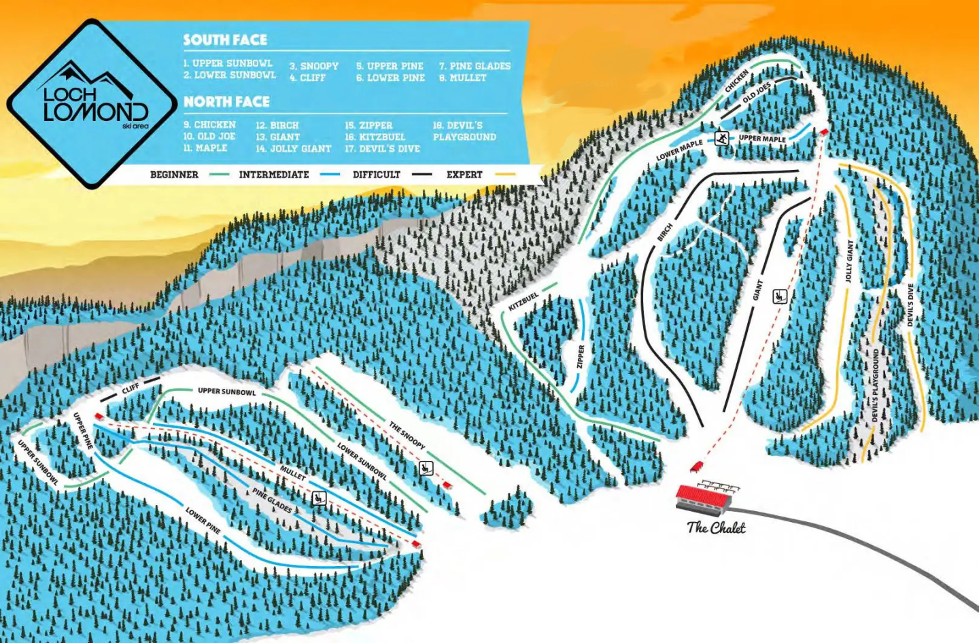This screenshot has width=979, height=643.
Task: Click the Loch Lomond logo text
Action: click(x=95, y=104)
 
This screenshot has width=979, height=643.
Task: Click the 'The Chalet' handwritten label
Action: click(x=716, y=527)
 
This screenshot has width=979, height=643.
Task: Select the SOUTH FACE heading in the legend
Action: click(x=225, y=40)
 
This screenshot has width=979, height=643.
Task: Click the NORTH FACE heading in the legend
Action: click(x=226, y=102)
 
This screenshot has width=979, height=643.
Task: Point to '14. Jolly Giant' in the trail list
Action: click(x=294, y=148)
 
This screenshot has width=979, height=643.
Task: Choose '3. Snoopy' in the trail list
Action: click(x=313, y=66)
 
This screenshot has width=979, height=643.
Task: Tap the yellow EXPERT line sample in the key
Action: click(x=505, y=175)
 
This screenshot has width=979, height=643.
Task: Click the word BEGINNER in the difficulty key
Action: click(x=174, y=175)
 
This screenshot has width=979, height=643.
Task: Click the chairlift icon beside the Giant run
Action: click(x=780, y=296)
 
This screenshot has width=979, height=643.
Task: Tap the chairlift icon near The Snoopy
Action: click(x=426, y=467)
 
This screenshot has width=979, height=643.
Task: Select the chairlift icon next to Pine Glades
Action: click(x=318, y=499)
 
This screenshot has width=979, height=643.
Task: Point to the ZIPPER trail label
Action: click(x=581, y=357)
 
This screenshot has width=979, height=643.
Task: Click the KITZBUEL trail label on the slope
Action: click(x=523, y=301)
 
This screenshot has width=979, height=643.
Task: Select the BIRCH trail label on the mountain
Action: click(x=664, y=232)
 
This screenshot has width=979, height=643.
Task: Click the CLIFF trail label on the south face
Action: click(x=131, y=388)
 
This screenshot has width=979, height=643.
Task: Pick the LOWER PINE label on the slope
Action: click(x=203, y=520)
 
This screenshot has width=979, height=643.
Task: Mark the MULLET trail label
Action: click(x=292, y=472)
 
